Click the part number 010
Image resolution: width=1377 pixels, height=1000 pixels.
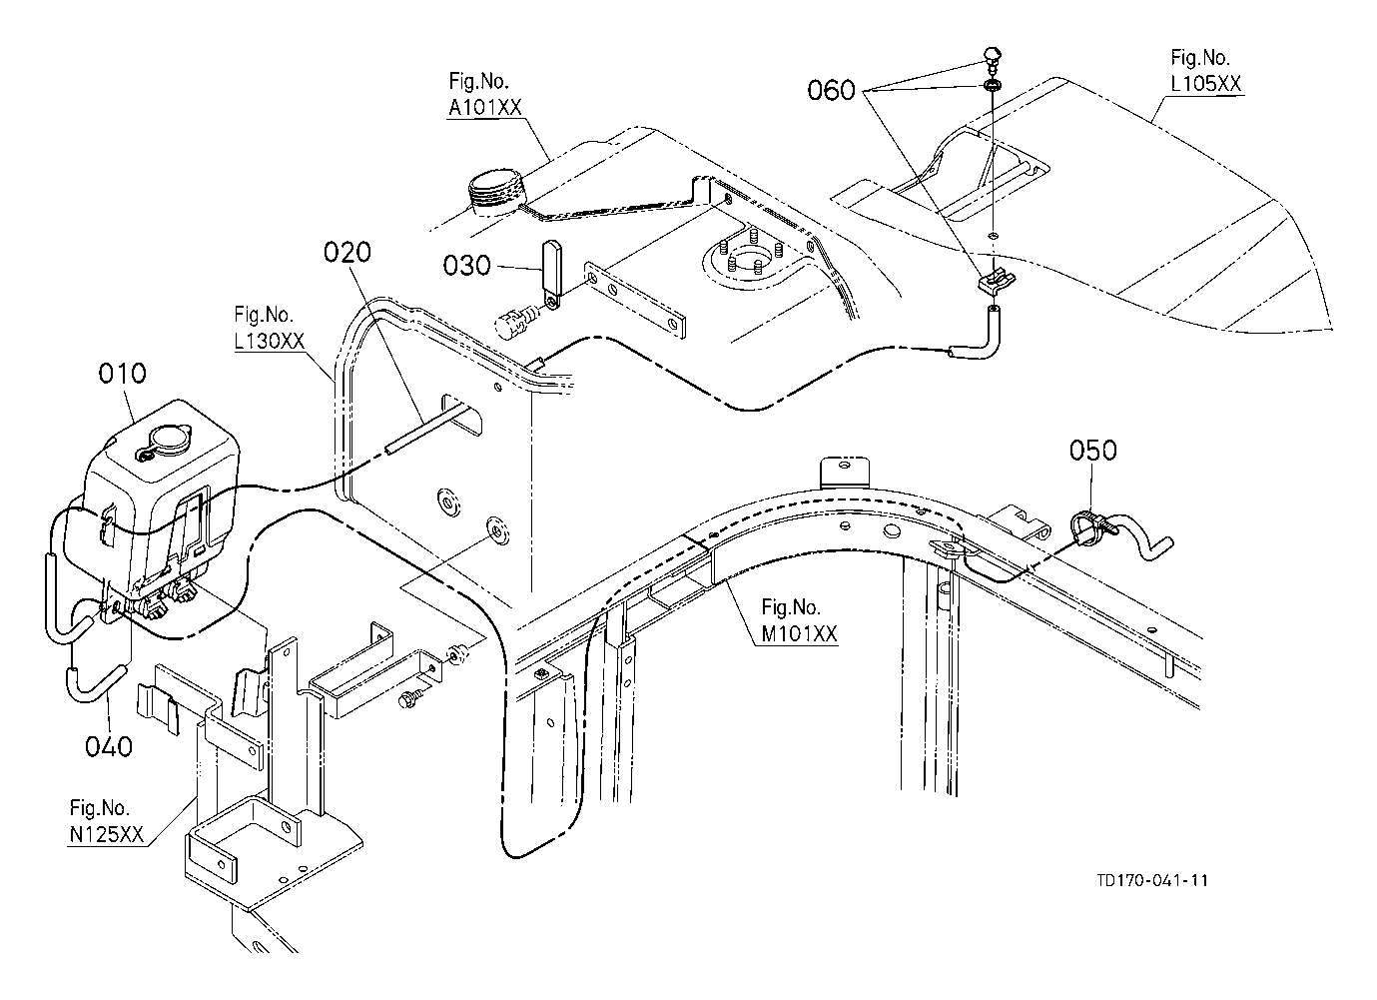[x=123, y=374]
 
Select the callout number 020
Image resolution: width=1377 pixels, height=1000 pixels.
[x=347, y=252]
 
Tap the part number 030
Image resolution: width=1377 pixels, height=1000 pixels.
[x=466, y=266]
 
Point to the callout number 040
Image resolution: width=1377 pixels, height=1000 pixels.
[x=109, y=746]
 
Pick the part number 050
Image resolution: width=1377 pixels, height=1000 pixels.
[x=1093, y=451]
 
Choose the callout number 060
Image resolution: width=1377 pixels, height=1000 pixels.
[x=831, y=90]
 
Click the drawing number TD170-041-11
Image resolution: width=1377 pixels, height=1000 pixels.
[x=1152, y=881]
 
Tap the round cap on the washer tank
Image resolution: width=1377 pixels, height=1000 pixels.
[x=167, y=440]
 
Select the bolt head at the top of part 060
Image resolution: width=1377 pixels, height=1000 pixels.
[x=993, y=57]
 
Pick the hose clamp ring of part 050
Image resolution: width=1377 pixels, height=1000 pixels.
[x=1083, y=527]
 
